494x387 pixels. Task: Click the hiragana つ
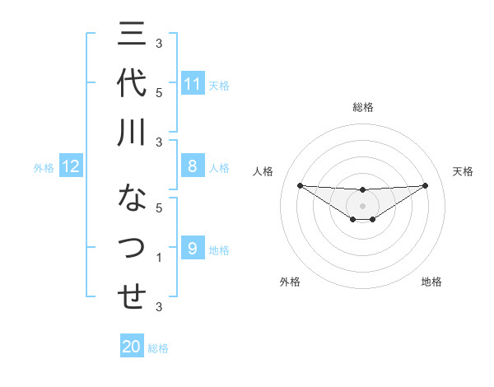pyautogui.click(x=132, y=247)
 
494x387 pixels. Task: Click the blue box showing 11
pyautogui.click(x=193, y=84)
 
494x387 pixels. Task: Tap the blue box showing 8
pyautogui.click(x=193, y=167)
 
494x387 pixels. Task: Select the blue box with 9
pyautogui.click(x=193, y=249)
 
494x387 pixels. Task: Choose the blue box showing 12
pyautogui.click(x=70, y=167)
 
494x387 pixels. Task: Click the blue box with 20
pyautogui.click(x=132, y=347)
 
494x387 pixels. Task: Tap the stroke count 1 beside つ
pyautogui.click(x=159, y=259)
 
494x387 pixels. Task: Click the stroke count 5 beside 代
pyautogui.click(x=159, y=92)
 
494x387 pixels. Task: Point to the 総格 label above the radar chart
pyautogui.click(x=362, y=107)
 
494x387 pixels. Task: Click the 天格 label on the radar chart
pyautogui.click(x=464, y=171)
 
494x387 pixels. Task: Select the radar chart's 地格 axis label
pyautogui.click(x=431, y=282)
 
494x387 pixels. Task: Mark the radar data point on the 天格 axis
pyautogui.click(x=426, y=185)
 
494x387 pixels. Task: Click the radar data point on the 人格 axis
pyautogui.click(x=300, y=185)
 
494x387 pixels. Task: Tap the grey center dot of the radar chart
pyautogui.click(x=362, y=205)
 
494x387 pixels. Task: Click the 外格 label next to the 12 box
pyautogui.click(x=44, y=168)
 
